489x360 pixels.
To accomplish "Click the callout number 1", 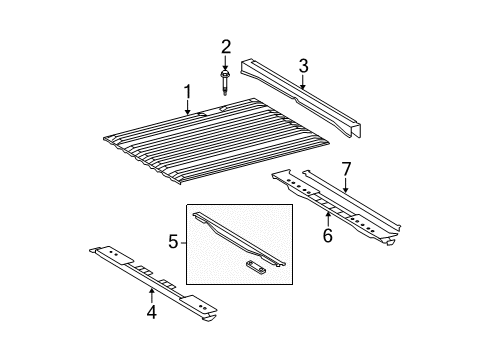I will (x=186, y=95).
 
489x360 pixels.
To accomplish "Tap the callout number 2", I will (x=226, y=45).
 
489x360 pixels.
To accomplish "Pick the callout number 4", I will (x=152, y=314).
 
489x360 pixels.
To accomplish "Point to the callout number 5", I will (x=173, y=241).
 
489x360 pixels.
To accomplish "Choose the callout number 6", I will (x=326, y=235).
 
